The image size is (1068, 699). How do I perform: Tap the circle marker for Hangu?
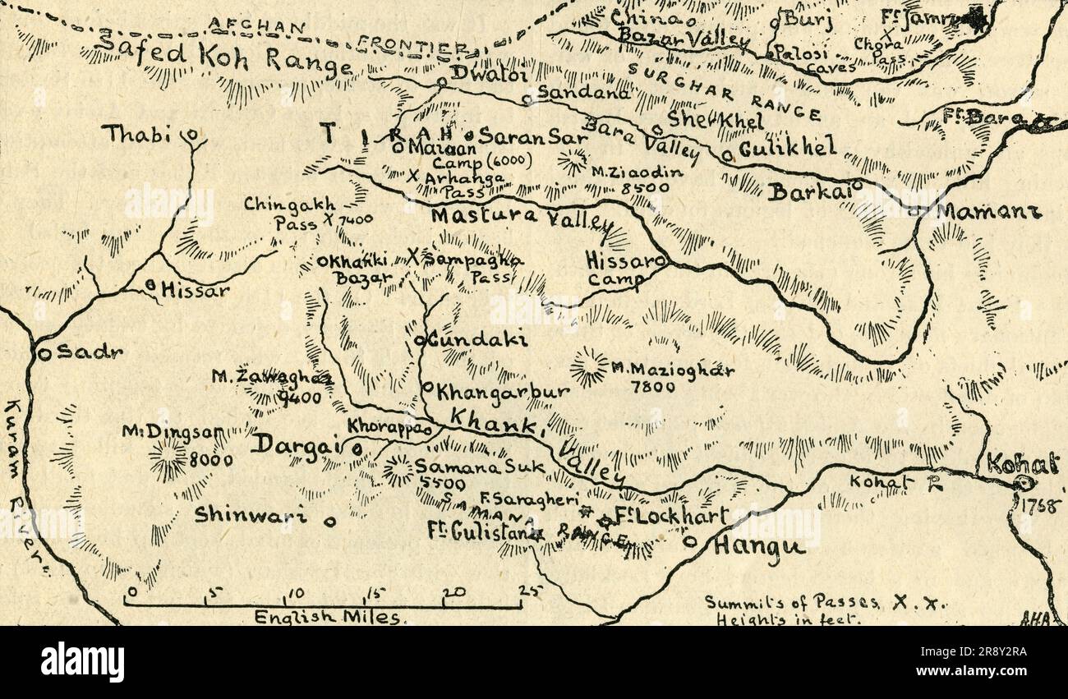[690, 541]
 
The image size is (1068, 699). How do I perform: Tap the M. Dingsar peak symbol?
[168, 458]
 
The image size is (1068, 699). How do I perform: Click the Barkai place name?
[808, 191]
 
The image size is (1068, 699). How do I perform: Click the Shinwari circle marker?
[330, 520]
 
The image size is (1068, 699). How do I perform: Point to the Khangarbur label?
[502, 391]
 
